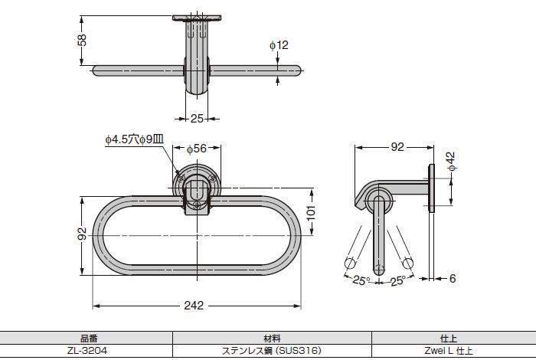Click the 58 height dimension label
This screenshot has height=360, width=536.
coord(82,40)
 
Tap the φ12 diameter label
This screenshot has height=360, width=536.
coord(279,45)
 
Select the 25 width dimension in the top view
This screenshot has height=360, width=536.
coord(197,119)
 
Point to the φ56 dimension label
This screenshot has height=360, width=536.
coord(197,149)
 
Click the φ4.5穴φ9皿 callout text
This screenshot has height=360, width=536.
coord(134,139)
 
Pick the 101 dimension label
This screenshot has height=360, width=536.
coord(311,214)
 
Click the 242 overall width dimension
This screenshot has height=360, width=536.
coord(194,306)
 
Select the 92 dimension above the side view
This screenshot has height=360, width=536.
coord(397,147)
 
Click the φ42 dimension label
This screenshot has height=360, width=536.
coord(451,162)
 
